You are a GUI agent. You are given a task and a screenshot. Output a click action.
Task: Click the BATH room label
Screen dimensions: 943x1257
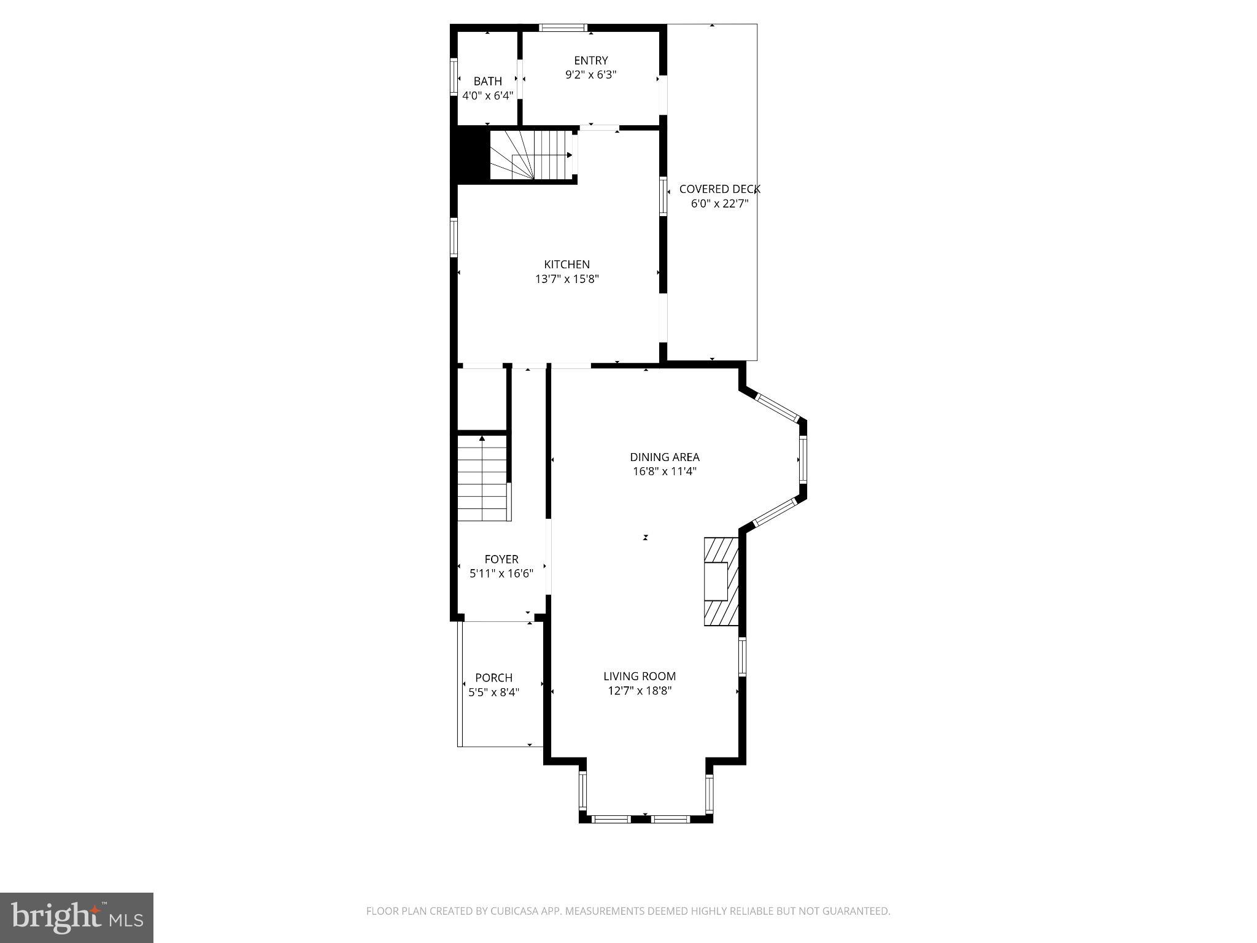point(487,81)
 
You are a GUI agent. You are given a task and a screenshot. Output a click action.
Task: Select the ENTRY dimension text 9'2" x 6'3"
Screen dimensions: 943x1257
point(590,75)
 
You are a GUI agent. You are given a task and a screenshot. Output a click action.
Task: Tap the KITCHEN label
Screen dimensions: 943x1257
point(567,265)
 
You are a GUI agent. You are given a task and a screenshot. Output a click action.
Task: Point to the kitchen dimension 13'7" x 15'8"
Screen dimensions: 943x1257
point(567,279)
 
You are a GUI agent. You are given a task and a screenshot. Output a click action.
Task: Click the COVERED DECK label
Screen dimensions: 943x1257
point(719,189)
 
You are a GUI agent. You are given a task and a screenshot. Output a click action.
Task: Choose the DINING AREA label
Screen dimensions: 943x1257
point(664,457)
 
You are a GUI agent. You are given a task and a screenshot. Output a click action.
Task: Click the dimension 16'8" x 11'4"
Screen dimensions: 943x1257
point(664,471)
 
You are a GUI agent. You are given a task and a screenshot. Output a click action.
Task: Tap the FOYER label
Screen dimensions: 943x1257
point(501,559)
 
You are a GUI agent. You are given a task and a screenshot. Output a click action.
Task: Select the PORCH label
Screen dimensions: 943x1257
point(493,678)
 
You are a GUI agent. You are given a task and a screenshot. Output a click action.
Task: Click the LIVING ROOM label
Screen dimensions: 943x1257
point(639,676)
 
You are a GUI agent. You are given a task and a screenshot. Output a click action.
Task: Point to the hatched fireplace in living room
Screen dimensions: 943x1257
point(721,581)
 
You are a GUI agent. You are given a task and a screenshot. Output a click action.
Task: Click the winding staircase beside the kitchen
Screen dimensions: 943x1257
point(530,155)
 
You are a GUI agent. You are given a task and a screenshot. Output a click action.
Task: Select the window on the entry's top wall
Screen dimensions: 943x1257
point(563,28)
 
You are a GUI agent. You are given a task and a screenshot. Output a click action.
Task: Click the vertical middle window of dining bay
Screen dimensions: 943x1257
point(802,460)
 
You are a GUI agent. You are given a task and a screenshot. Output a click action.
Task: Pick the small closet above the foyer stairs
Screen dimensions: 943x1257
point(482,399)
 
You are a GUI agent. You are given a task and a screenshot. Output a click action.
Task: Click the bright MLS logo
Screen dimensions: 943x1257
point(76,918)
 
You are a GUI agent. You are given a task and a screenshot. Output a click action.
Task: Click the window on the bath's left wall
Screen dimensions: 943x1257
point(454,76)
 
